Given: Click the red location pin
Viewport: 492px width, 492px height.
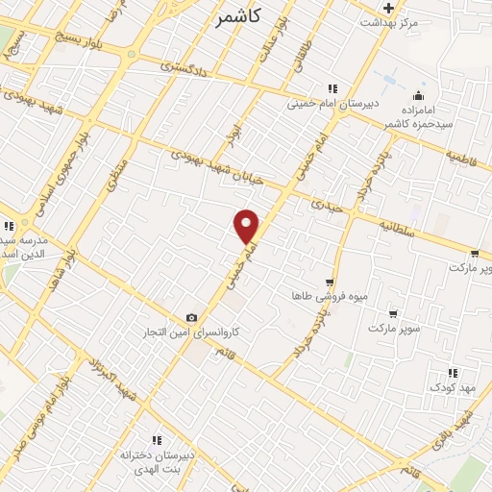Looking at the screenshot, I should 247,226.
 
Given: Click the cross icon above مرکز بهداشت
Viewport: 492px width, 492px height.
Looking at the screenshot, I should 388,8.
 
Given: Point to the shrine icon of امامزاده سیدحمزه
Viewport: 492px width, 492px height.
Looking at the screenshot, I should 418,95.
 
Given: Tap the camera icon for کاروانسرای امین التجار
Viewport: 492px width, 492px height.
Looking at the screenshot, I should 191,318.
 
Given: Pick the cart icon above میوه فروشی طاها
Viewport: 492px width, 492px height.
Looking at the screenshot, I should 330,283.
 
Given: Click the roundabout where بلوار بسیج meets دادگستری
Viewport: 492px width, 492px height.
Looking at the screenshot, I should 130,54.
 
